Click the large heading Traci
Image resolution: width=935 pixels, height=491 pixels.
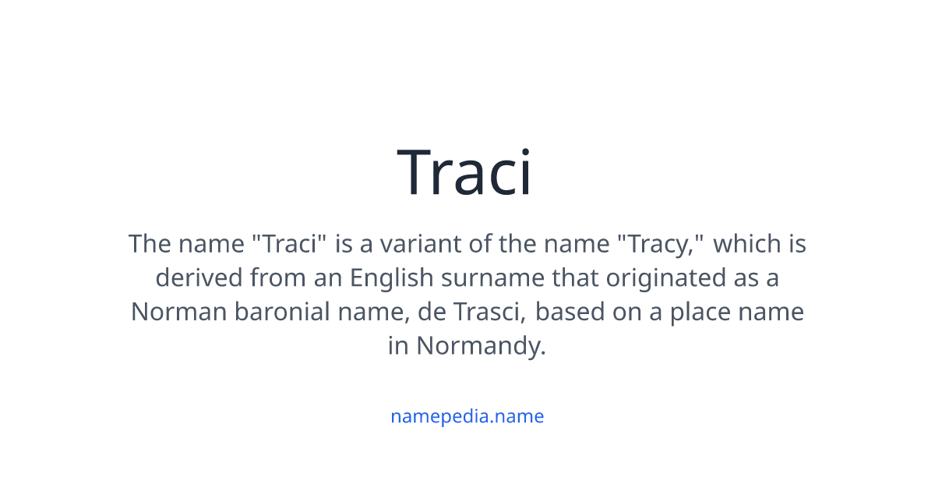tap(465, 174)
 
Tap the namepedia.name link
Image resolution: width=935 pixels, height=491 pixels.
tap(467, 416)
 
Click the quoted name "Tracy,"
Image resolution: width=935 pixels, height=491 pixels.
tap(661, 244)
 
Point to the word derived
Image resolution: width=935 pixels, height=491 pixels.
tap(199, 277)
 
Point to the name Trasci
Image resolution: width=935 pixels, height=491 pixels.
tap(489, 312)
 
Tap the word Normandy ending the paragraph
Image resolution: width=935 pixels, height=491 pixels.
tap(481, 345)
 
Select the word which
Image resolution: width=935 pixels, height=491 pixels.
tap(743, 244)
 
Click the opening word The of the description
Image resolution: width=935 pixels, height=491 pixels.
tap(149, 244)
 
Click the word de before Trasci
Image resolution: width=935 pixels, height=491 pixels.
tap(431, 312)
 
